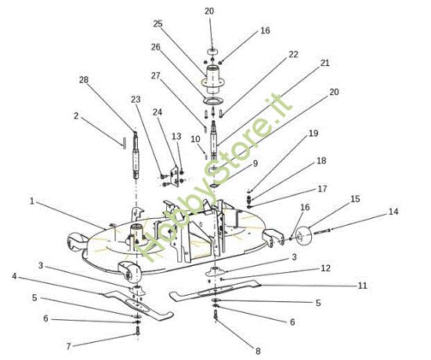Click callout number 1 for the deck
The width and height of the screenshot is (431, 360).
pos(32,202)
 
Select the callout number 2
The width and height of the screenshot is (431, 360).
pos(76,116)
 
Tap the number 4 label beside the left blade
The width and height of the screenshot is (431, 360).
pos(14,275)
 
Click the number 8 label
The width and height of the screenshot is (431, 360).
pos(257,351)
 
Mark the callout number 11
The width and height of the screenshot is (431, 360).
pos(362,285)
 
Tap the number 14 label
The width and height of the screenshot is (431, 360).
pos(393,212)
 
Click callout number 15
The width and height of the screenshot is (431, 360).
pos(355,199)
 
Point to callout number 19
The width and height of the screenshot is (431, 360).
pos(313,133)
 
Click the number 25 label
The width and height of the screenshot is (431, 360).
pos(158,24)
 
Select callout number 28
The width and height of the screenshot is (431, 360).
pos(84,79)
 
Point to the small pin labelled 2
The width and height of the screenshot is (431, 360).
pos(123,142)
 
